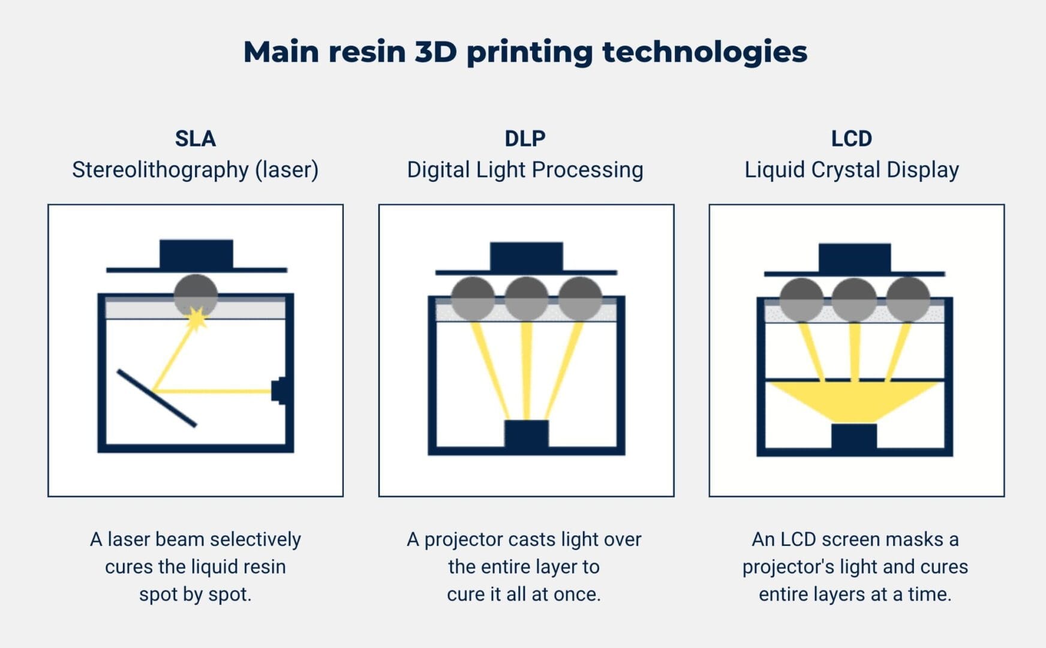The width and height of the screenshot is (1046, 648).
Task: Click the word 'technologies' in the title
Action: pos(704,52)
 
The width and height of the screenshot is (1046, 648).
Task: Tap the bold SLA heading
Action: pos(195,139)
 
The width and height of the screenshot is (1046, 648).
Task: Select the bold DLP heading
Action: pos(525,139)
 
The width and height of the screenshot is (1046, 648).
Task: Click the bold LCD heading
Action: pos(851,139)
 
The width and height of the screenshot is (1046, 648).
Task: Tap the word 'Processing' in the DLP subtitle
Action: pos(587,170)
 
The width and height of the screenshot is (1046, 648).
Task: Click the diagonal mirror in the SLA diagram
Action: pos(157,398)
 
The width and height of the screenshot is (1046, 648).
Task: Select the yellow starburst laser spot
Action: pos(196,318)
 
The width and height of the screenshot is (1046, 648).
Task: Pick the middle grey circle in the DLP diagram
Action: pos(526,298)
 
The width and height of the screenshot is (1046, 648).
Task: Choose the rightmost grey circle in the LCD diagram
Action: pos(907,299)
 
